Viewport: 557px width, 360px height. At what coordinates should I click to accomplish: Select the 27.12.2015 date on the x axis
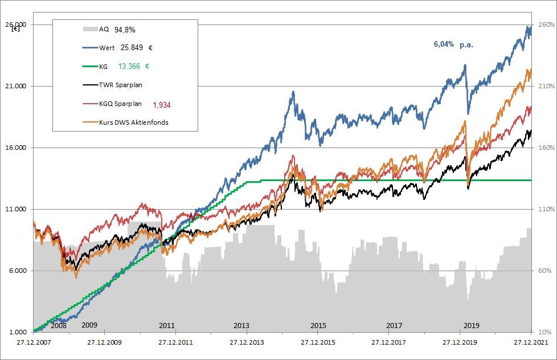[318, 343]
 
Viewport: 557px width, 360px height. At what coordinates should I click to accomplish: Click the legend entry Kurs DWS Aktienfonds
[133, 122]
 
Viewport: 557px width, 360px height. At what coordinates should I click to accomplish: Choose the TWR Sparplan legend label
[121, 85]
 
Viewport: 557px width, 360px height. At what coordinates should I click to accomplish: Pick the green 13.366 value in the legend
[129, 66]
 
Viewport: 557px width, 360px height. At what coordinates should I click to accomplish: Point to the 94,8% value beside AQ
[124, 29]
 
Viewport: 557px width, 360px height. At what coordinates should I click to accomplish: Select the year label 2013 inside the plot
[241, 325]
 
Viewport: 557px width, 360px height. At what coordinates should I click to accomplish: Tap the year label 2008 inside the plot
[59, 325]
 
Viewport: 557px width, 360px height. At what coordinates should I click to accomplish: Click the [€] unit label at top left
[15, 29]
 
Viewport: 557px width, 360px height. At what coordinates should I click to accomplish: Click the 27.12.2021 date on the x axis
[530, 343]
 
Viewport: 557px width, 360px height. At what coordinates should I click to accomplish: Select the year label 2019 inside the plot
[471, 325]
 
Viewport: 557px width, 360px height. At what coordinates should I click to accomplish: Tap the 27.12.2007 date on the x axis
[34, 343]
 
